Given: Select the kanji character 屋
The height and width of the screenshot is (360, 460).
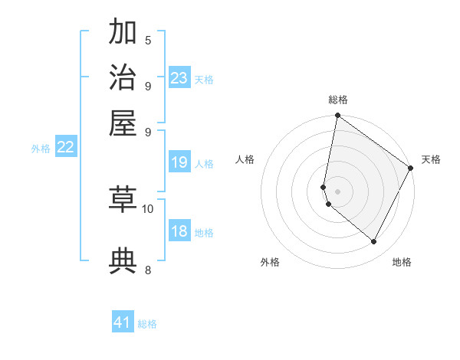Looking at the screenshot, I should point(123,123).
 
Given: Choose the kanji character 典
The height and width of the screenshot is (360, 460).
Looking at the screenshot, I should point(123,260).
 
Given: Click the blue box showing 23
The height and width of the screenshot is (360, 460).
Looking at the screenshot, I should point(179,77).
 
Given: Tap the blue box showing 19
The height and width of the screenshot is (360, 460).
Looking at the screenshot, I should point(179,162).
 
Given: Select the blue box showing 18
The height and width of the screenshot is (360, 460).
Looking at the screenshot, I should point(179,232).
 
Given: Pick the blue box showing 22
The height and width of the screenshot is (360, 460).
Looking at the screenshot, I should point(66,148).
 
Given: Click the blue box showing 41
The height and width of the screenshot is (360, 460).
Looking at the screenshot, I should point(123,322).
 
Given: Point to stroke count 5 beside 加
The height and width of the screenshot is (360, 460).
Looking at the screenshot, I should point(148,41).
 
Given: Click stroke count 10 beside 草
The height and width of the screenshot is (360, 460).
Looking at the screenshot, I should point(148,208).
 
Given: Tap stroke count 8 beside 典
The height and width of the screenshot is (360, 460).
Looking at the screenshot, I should point(148,270).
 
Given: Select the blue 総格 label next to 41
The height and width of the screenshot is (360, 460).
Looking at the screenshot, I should point(147,324).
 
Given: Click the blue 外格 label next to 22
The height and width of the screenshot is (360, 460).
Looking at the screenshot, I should point(41,149).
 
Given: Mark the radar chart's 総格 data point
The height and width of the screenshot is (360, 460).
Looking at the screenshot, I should point(337,116).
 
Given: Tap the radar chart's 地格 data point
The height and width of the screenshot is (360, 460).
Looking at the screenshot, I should point(374,242).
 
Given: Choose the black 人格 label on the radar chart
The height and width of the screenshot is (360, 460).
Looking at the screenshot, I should point(245,159).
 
